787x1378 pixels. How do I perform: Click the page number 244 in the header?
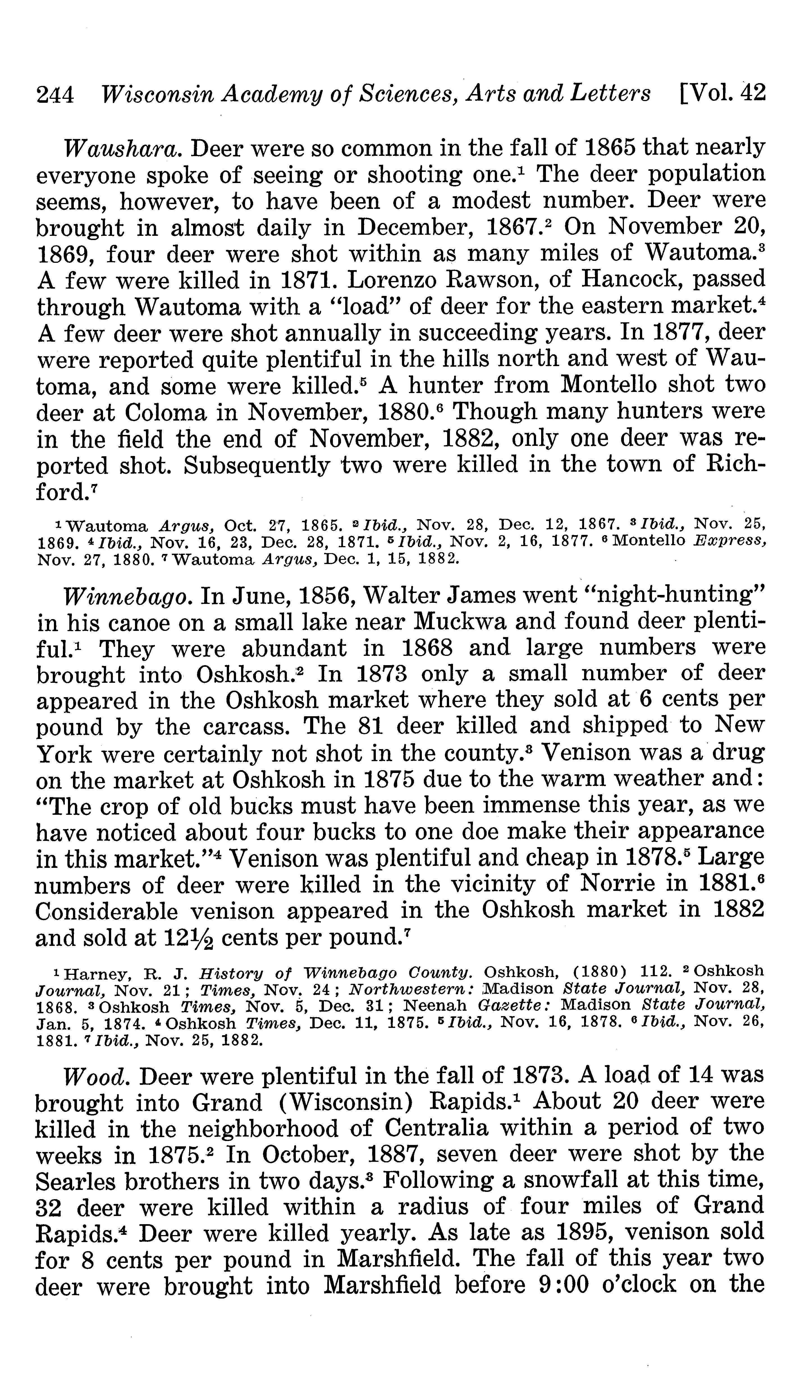point(55,95)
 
